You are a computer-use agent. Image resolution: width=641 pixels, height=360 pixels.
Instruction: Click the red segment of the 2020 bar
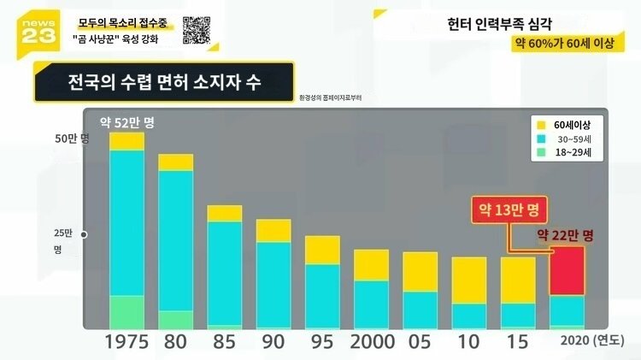click(x=567, y=271)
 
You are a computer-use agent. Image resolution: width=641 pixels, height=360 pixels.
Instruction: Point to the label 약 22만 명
click(x=565, y=234)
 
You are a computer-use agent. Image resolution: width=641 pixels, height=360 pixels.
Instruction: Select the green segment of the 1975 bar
click(x=126, y=311)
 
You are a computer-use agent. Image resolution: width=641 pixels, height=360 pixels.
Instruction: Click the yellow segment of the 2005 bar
click(x=420, y=271)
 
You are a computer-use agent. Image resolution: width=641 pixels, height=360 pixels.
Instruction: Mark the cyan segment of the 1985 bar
click(x=225, y=273)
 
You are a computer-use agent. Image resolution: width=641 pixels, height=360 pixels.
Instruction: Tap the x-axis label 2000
click(x=372, y=341)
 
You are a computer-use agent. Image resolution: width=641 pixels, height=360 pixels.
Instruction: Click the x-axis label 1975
click(x=126, y=341)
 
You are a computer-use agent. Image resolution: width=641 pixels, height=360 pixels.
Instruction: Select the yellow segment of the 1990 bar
click(x=273, y=230)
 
